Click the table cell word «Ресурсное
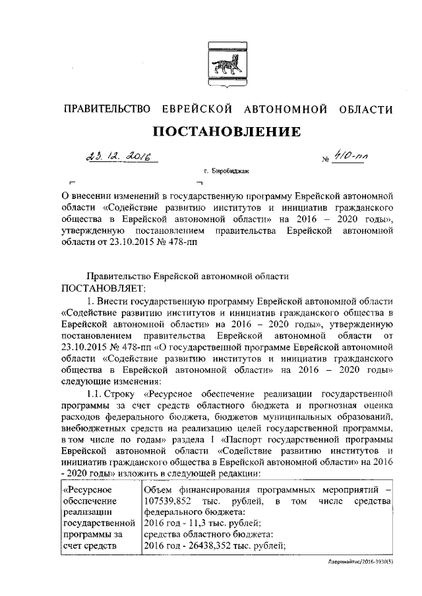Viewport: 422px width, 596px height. click(86, 491)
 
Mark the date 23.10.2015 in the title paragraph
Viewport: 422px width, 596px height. click(135, 243)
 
